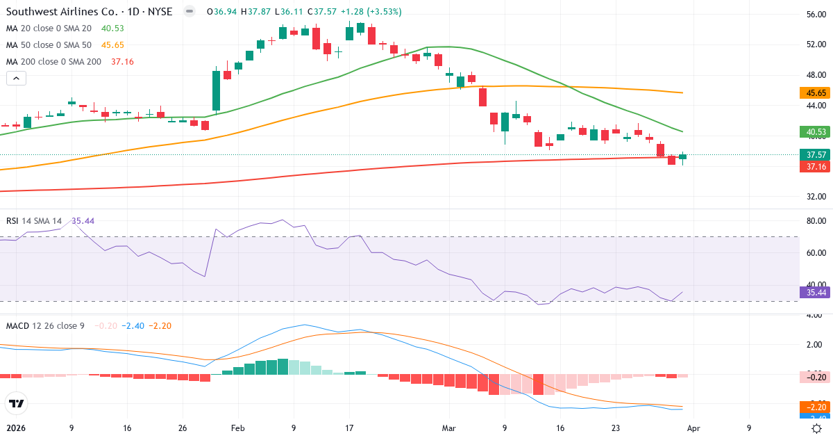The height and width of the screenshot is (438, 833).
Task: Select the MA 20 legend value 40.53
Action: coord(112,28)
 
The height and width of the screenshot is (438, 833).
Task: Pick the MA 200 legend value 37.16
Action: coord(122,61)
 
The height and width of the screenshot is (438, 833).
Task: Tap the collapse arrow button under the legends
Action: coord(16,79)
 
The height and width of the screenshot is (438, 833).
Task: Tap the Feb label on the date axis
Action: coord(237,428)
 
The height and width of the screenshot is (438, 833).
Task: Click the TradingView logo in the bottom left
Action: coord(16,403)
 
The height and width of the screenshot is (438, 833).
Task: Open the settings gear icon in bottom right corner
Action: coord(816,428)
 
